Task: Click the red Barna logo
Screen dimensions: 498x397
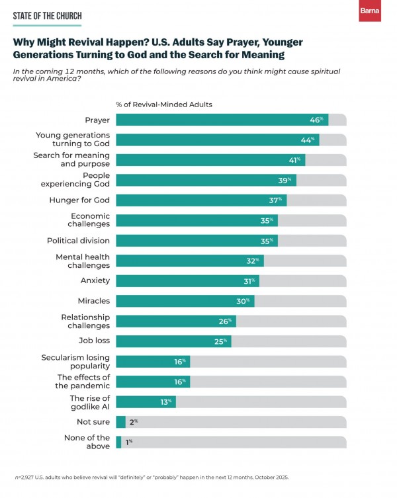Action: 369,11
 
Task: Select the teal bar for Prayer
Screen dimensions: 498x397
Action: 212,120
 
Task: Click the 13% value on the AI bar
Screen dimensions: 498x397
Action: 166,401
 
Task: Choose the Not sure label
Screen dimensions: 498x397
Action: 94,422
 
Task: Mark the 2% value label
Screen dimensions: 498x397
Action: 132,422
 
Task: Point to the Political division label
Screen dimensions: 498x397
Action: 78,241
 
